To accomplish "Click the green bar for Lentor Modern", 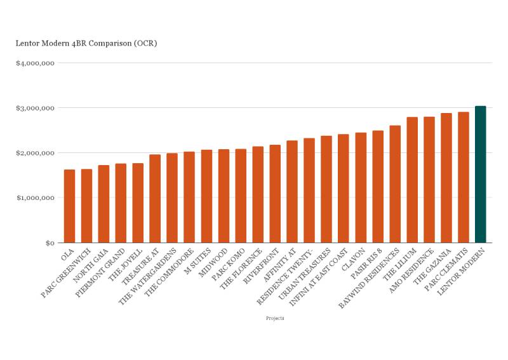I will pyautogui.click(x=480, y=175).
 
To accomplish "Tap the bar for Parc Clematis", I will pyautogui.click(x=464, y=178).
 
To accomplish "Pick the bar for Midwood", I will pyautogui.click(x=224, y=196).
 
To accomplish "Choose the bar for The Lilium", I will pyautogui.click(x=412, y=180).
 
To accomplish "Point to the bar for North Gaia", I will pyautogui.click(x=104, y=204).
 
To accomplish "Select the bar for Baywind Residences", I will pyautogui.click(x=395, y=184).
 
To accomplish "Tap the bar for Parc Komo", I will pyautogui.click(x=241, y=196).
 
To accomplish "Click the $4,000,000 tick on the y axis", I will pyautogui.click(x=36, y=63).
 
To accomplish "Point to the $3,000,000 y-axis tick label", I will pyautogui.click(x=36, y=108).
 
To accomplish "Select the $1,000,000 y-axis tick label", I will pyautogui.click(x=36, y=198).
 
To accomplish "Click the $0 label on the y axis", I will pyautogui.click(x=48, y=243).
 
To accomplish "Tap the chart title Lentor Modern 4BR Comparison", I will pyautogui.click(x=86, y=44).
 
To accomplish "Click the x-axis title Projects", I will pyautogui.click(x=275, y=318).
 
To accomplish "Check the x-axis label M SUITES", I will pyautogui.click(x=199, y=260).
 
